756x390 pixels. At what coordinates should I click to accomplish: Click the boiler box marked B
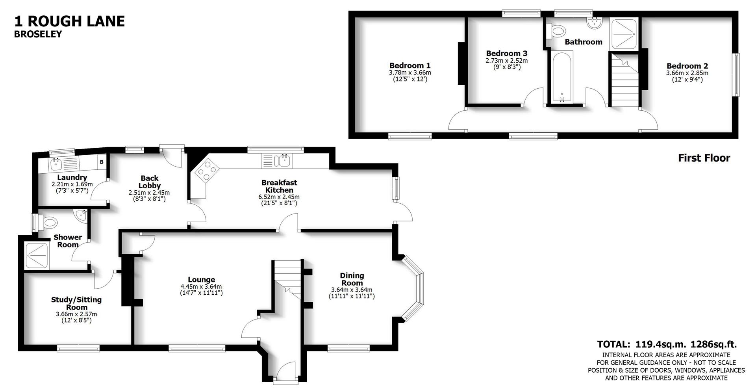[x=102, y=162]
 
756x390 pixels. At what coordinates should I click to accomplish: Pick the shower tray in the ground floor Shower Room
[x=37, y=256]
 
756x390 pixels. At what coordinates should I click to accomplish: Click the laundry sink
[x=55, y=163]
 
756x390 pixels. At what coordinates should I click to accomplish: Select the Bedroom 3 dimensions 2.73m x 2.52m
[x=506, y=61]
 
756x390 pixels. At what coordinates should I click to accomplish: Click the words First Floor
[x=704, y=158]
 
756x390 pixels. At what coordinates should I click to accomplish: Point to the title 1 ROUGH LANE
[x=69, y=21]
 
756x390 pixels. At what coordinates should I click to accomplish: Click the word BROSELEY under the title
[x=38, y=34]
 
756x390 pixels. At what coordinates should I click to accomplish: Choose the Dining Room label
[x=352, y=279]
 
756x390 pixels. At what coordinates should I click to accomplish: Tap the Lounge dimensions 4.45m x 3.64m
[x=201, y=286]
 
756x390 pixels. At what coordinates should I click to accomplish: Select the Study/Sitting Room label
[x=76, y=303]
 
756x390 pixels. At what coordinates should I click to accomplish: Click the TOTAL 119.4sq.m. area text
[x=667, y=344]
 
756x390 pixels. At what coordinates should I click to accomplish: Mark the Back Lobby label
[x=149, y=182]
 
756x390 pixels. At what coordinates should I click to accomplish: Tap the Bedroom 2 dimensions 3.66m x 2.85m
[x=687, y=73]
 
